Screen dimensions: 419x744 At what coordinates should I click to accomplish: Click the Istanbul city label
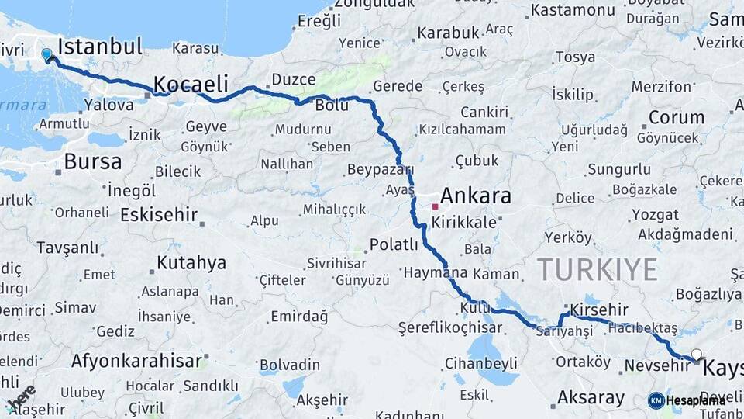click(x=100, y=47)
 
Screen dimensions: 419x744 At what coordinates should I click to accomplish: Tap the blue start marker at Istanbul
click(x=47, y=55)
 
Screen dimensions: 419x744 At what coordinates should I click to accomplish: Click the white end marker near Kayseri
click(x=696, y=355)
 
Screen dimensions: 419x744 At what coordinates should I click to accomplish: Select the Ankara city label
click(x=476, y=196)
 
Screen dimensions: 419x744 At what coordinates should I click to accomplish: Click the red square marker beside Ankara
click(x=435, y=207)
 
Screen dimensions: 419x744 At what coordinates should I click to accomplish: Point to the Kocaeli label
click(x=191, y=84)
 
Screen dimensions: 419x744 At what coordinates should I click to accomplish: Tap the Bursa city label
click(x=93, y=162)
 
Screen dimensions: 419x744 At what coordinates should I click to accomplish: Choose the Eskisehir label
click(x=159, y=215)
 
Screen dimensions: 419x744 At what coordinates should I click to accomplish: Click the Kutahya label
click(x=191, y=263)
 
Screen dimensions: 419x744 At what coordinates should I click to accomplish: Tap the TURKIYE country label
click(x=598, y=270)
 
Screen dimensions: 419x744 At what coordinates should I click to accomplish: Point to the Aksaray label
click(x=590, y=399)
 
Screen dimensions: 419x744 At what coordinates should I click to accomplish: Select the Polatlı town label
click(x=393, y=245)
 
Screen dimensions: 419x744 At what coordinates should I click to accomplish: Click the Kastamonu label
click(x=573, y=10)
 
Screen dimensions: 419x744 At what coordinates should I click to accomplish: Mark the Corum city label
click(x=676, y=118)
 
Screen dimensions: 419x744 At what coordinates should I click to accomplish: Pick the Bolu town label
click(x=332, y=106)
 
